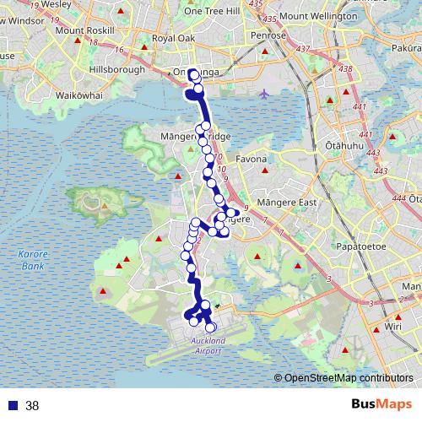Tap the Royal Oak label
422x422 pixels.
[174, 38]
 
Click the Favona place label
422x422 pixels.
[251, 159]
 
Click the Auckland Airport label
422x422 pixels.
[203, 345]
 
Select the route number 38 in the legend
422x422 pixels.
[32, 406]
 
